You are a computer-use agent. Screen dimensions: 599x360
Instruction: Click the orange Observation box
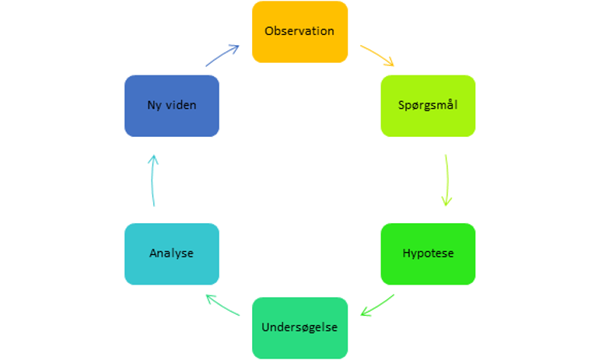point(299,32)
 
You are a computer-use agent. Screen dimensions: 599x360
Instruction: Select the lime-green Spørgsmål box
point(428,106)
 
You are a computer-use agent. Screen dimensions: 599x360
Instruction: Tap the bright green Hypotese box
point(428,254)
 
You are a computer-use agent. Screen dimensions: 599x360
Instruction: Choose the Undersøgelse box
point(299,328)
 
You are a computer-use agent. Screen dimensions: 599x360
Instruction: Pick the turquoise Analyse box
point(172,254)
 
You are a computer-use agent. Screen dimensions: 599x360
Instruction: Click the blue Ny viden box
point(172,106)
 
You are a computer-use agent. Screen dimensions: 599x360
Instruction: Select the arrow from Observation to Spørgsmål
point(377,54)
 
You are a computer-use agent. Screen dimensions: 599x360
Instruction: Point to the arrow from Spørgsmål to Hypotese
point(447,180)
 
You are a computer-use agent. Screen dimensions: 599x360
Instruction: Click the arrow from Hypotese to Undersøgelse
point(378,306)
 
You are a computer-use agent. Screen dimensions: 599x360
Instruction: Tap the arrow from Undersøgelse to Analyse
point(222,306)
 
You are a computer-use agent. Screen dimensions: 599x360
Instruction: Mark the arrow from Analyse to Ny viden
point(152,180)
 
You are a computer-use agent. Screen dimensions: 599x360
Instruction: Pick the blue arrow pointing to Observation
point(222,55)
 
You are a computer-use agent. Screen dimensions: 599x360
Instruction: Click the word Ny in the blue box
point(154,106)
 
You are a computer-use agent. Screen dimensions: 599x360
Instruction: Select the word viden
point(181,105)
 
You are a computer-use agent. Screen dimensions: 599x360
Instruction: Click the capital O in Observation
point(270,31)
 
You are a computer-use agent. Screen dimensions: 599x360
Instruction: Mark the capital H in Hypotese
point(407,253)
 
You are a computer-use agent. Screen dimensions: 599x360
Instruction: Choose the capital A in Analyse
point(154,253)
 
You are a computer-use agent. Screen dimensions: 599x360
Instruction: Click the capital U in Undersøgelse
point(266,327)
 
